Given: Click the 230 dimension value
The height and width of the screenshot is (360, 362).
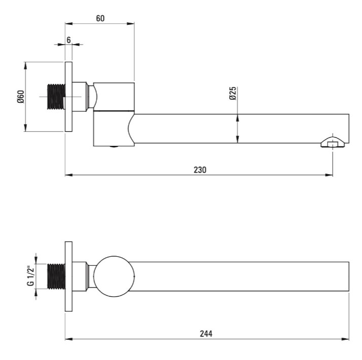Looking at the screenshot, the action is tap(200, 170).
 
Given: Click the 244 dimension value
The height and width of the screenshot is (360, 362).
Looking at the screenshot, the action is tap(206, 334).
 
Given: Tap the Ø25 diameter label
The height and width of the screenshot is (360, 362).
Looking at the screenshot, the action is tap(233, 93).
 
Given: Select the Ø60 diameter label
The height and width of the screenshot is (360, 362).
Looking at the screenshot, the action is tap(21, 97).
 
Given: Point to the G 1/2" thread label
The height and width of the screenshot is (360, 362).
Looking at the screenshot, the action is tap(31, 276).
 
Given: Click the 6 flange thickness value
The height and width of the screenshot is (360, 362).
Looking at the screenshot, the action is tap(68, 40).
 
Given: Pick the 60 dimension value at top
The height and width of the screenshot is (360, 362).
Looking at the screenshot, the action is tap(100, 18).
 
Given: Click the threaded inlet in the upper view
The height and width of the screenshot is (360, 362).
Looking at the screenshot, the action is tap(56, 97).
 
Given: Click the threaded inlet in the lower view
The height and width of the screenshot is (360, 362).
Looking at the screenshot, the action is tap(56, 276).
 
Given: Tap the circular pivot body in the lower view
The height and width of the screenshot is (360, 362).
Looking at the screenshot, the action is tap(114, 276).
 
